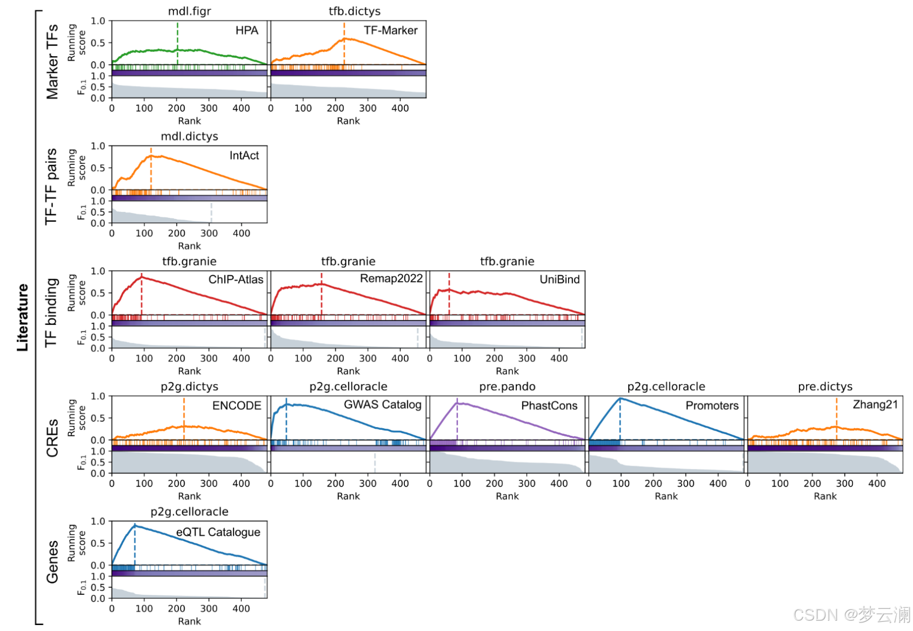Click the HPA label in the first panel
pos(246,31)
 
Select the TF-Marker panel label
pos(390,31)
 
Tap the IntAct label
pos(244,156)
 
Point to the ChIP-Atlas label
pos(236,280)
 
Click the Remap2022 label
pos(391,278)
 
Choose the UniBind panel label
pos(559,280)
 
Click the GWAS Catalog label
pos(382,405)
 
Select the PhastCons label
pos(549,406)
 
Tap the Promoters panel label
pos(712,406)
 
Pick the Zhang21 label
pos(875,405)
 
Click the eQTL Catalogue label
pos(218,532)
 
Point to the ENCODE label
pos(237,406)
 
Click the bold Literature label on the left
pos(22,317)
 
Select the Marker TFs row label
pos(52,62)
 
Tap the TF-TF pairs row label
pos(51,187)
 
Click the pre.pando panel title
pos(507,387)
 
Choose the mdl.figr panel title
pos(189,11)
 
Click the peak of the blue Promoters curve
pos(621,398)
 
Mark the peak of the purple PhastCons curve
pos(457,403)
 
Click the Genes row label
pos(52,562)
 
